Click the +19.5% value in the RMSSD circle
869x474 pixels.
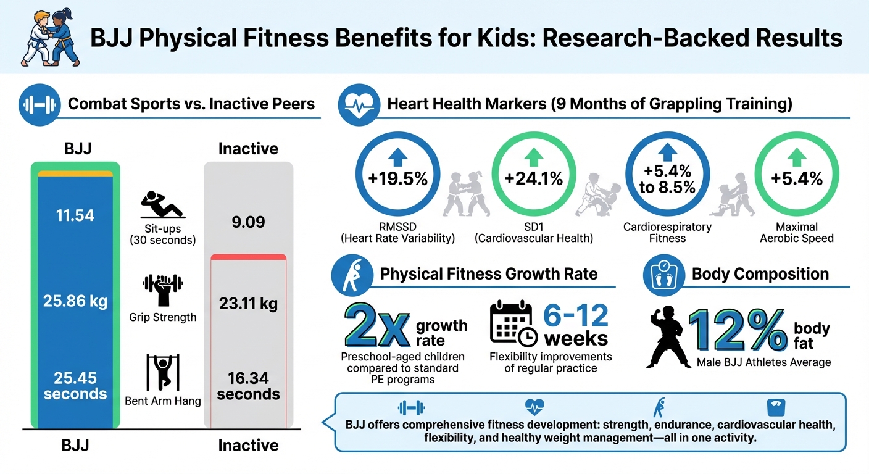[x=397, y=179]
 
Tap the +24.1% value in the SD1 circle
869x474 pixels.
[x=533, y=179]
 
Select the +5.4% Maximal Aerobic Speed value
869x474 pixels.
[x=797, y=179]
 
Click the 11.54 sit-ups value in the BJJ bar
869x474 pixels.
[x=75, y=215]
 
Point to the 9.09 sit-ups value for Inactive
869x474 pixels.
[x=248, y=220]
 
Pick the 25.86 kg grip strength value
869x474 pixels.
[x=75, y=301]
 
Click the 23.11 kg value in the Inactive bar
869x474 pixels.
[x=248, y=304]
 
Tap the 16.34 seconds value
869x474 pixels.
[x=248, y=386]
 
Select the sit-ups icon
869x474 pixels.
[x=162, y=205]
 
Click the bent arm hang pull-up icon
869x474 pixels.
[x=162, y=372]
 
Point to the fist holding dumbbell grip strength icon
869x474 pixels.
[x=162, y=289]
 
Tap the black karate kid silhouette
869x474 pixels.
[x=668, y=338]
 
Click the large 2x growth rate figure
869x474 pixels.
[x=376, y=325]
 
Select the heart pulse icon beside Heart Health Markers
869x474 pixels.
[x=357, y=104]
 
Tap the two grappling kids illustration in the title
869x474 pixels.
[x=51, y=38]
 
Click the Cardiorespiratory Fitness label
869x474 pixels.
[x=667, y=232]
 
